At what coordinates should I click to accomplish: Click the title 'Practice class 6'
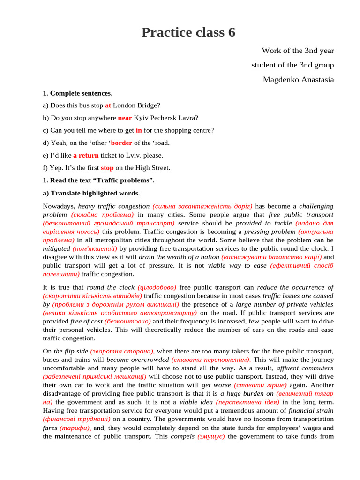coord(188,33)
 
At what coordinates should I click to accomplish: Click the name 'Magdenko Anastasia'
coord(298,80)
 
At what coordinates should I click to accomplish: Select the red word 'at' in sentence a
coord(108,106)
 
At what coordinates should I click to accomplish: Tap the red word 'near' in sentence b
coord(125,118)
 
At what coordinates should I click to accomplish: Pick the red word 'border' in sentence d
coord(121,143)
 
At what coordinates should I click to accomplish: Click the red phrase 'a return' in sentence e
coord(86,155)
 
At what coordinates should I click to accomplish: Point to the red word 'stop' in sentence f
coord(107,168)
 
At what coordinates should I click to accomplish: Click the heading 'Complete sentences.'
coord(81,93)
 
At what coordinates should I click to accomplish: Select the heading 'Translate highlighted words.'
coord(95,193)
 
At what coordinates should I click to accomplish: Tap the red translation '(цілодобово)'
coord(157,287)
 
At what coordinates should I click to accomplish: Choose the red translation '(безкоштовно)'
coord(128,321)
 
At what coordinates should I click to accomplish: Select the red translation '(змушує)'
coord(211,436)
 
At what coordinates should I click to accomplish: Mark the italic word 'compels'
coord(182,436)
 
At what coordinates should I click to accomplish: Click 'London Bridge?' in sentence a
coord(136,106)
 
